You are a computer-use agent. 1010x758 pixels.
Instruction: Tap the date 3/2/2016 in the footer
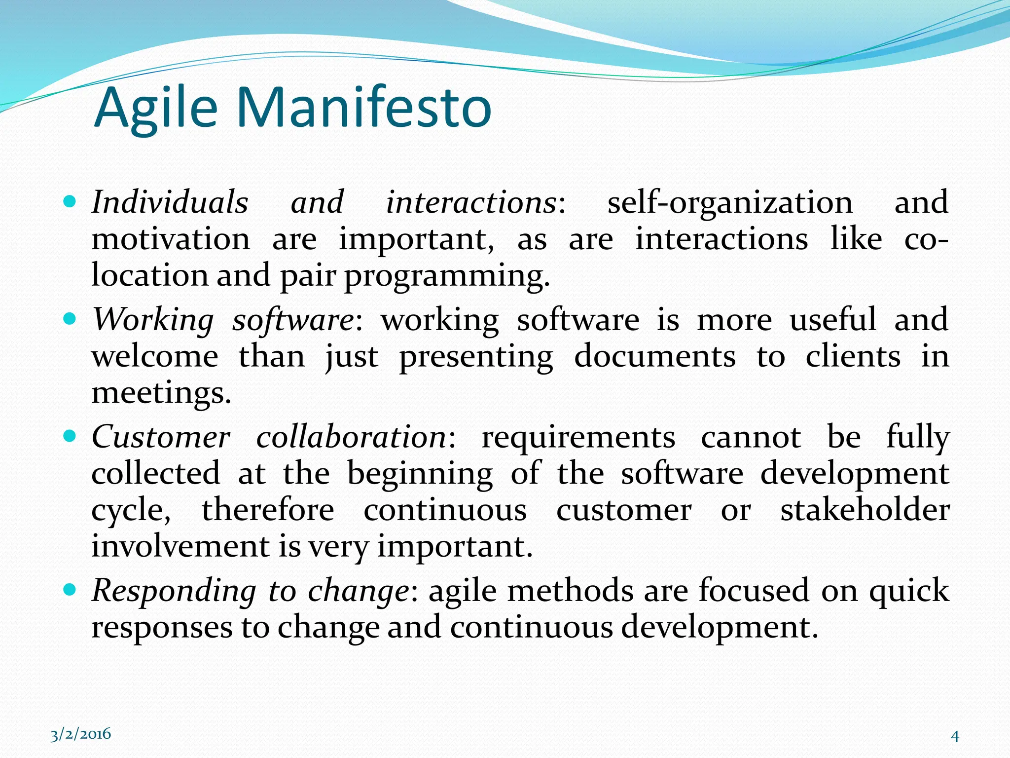coord(81,734)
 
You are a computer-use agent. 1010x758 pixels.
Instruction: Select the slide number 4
coord(955,736)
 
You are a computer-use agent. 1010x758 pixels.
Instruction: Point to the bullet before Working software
coord(70,319)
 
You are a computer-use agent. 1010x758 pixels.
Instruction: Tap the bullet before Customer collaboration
coord(70,436)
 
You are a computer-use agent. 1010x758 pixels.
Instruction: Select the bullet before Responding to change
coord(70,589)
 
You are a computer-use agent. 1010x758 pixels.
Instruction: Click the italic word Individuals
coord(170,202)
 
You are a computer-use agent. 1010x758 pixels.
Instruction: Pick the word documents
coord(655,356)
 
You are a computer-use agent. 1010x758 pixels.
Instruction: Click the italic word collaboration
coord(351,437)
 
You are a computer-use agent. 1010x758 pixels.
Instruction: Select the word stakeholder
coord(865,510)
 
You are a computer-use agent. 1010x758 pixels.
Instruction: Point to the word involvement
coord(180,547)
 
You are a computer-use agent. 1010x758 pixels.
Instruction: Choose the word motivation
coord(171,239)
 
